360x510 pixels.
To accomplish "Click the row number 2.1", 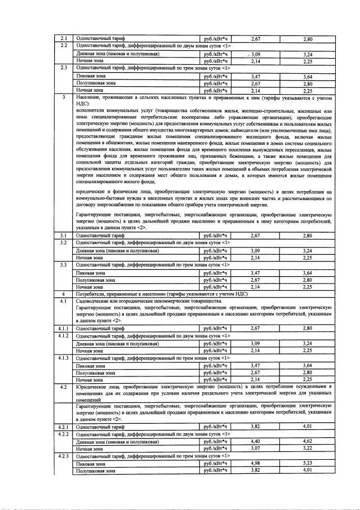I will point(64,38).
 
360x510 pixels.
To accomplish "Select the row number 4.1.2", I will point(64,335).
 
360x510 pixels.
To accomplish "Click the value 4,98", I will point(256,463).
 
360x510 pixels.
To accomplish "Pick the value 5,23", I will point(308,463).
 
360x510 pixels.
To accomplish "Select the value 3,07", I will point(256,448).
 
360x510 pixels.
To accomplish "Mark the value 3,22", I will point(308,448).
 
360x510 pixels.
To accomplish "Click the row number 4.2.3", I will point(64,456).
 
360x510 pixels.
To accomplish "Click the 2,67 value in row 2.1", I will point(256,38).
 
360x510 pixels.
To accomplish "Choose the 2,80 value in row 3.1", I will point(308,235).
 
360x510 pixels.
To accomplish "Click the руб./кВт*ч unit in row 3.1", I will point(217,235).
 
